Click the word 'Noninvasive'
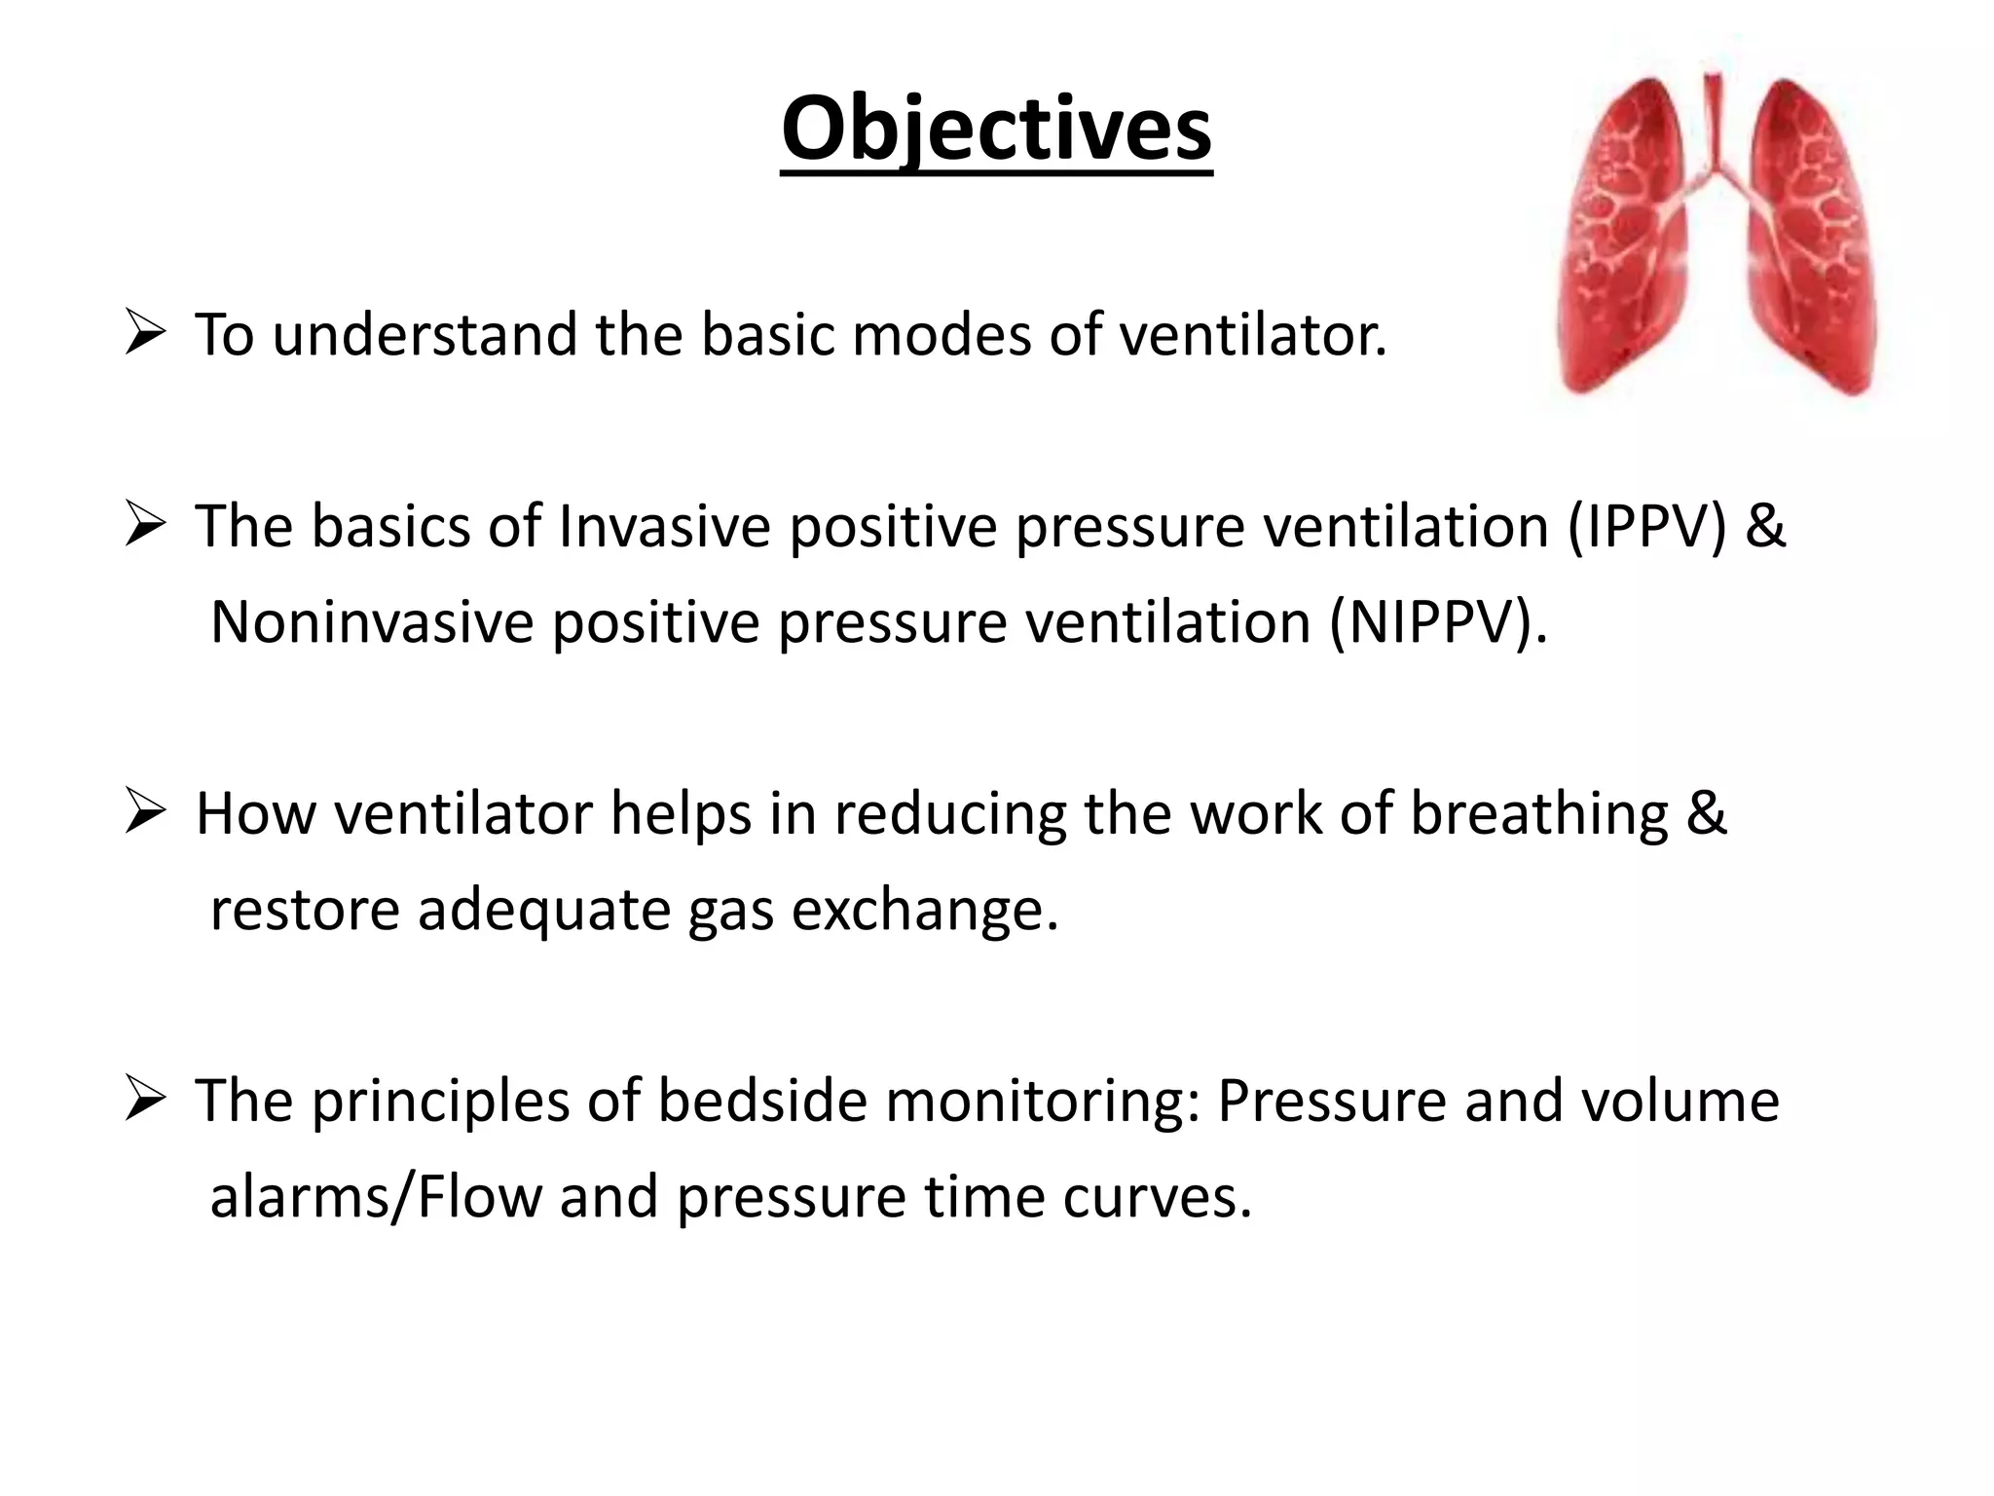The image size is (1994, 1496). (x=372, y=622)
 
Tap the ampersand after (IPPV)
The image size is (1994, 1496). (x=1765, y=527)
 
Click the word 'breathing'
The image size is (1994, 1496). (x=1539, y=814)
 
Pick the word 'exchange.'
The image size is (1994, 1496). (x=924, y=910)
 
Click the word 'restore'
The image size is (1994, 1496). (x=305, y=910)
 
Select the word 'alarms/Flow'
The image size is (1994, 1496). (x=376, y=1196)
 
